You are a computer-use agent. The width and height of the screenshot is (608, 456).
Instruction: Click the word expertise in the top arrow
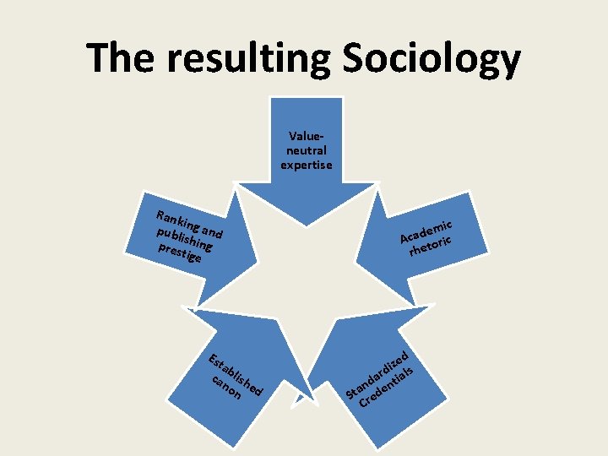pyautogui.click(x=307, y=165)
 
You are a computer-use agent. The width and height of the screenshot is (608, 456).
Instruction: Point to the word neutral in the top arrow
pyautogui.click(x=307, y=150)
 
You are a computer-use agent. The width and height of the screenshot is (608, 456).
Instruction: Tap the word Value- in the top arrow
pyautogui.click(x=307, y=136)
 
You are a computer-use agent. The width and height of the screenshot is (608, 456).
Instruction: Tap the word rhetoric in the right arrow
pyautogui.click(x=432, y=244)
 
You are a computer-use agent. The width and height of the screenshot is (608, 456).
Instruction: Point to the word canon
pyautogui.click(x=227, y=389)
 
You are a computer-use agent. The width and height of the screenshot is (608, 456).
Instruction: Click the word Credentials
pyautogui.click(x=388, y=386)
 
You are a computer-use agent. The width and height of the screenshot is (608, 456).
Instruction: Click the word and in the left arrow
pyautogui.click(x=213, y=231)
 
